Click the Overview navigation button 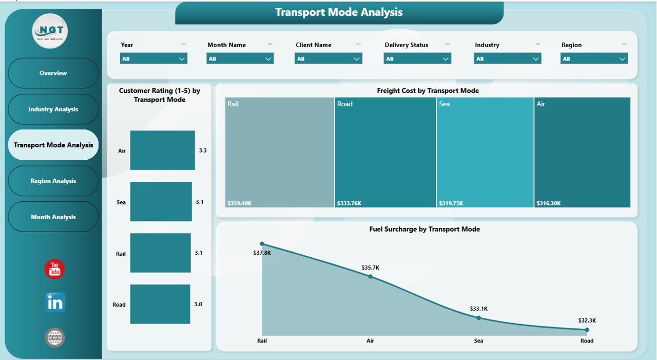pyautogui.click(x=53, y=73)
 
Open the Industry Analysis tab pyautogui.click(x=53, y=109)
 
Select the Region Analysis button pyautogui.click(x=53, y=181)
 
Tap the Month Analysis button pyautogui.click(x=53, y=217)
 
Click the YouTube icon pyautogui.click(x=55, y=269)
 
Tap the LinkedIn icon pyautogui.click(x=55, y=303)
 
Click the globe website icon pyautogui.click(x=55, y=337)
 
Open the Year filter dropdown pyautogui.click(x=153, y=59)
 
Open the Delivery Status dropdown pyautogui.click(x=417, y=59)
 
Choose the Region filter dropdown pyautogui.click(x=593, y=59)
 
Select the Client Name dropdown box pyautogui.click(x=328, y=59)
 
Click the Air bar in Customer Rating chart pyautogui.click(x=162, y=150)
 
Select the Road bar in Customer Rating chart pyautogui.click(x=160, y=304)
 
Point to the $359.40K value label pyautogui.click(x=240, y=203)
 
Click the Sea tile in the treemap pyautogui.click(x=485, y=152)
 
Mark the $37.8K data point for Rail pyautogui.click(x=262, y=243)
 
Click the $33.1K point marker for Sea pyautogui.click(x=479, y=317)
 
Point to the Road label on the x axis pyautogui.click(x=587, y=340)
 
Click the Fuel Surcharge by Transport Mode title pyautogui.click(x=424, y=229)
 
